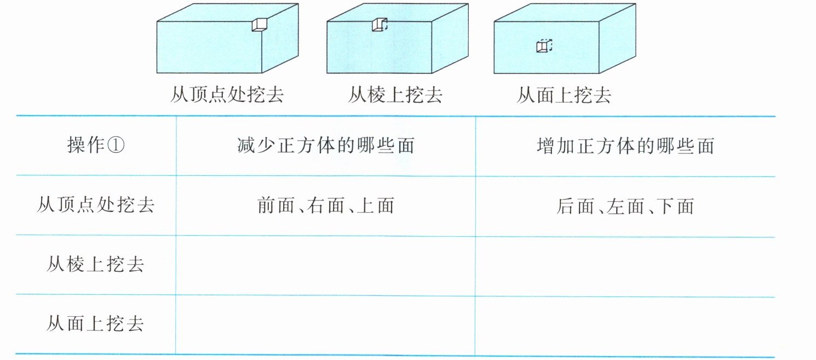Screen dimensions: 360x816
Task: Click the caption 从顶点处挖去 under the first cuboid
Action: (227, 95)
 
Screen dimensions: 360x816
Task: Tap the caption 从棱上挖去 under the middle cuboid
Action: (395, 95)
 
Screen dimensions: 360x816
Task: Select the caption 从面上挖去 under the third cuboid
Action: (564, 95)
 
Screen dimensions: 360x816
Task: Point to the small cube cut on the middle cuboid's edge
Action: (378, 25)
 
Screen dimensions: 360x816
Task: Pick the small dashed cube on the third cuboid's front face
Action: (543, 46)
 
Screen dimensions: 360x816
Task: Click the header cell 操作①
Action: (96, 146)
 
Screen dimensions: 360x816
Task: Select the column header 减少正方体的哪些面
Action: (325, 146)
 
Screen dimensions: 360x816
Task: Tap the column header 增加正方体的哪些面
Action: (625, 146)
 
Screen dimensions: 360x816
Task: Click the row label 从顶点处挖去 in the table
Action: (95, 205)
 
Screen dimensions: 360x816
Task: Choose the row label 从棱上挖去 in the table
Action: (95, 265)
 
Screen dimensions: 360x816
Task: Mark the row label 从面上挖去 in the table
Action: (95, 324)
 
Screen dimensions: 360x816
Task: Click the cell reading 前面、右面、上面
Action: (325, 206)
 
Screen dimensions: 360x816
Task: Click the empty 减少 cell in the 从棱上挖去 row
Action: (325, 265)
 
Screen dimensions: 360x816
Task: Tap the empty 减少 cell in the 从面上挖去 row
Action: (325, 324)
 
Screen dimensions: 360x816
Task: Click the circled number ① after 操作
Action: (117, 146)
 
